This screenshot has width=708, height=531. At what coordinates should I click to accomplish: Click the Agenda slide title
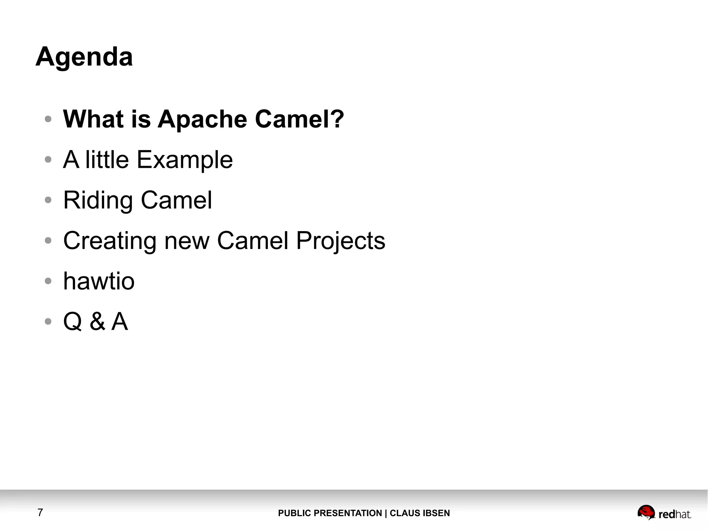coord(84,57)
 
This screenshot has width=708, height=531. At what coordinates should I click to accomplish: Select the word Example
coord(185,160)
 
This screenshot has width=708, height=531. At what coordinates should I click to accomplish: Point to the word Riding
coord(98,201)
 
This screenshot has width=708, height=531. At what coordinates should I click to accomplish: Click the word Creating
coord(110,241)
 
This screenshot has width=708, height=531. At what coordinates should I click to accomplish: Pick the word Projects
coord(341,241)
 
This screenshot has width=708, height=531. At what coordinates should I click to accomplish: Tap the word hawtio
coord(99,281)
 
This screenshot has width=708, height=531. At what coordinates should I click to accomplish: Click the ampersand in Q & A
coord(97,321)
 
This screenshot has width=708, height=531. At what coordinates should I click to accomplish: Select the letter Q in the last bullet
coord(73,321)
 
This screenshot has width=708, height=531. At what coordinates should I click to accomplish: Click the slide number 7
coord(40,512)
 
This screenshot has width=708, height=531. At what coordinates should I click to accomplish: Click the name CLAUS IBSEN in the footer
coord(420,513)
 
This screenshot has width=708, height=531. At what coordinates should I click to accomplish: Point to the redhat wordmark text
coord(674,514)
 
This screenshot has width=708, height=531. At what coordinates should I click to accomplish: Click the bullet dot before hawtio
coord(48,281)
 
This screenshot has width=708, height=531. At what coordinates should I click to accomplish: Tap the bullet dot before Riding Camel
coord(48,200)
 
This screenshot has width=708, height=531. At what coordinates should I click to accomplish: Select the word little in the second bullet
coord(107,160)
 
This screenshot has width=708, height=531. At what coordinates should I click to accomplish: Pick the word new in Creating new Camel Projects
coord(187,241)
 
